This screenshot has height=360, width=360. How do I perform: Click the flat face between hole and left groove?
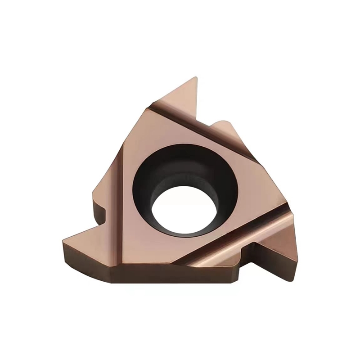click(135, 189)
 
